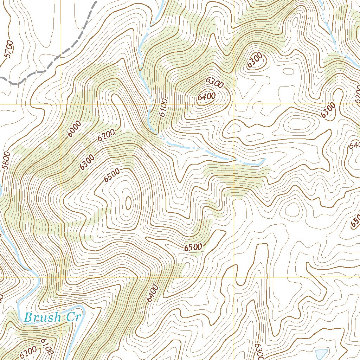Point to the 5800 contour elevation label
(6, 160)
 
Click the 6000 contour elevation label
(75, 129)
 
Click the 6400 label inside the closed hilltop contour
(206, 97)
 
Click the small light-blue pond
(321, 354)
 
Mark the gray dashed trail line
(70, 49)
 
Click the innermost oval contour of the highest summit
(128, 202)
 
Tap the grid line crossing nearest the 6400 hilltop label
(234, 104)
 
